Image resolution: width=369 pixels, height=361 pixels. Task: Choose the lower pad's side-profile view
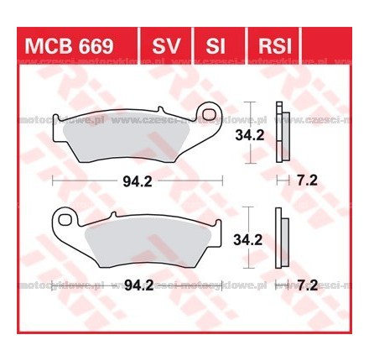point(286,238)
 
